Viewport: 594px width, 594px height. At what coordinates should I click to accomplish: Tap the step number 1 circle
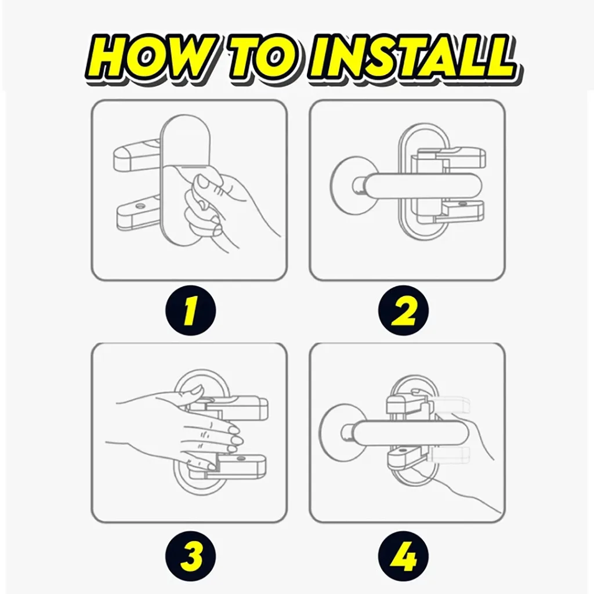(x=190, y=311)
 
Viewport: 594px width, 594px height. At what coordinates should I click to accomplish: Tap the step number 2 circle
(x=404, y=311)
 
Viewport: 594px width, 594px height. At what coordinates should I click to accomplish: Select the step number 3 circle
(x=190, y=556)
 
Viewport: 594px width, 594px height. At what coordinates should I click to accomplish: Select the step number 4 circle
(x=404, y=556)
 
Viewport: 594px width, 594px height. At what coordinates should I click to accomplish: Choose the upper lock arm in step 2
(x=451, y=156)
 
